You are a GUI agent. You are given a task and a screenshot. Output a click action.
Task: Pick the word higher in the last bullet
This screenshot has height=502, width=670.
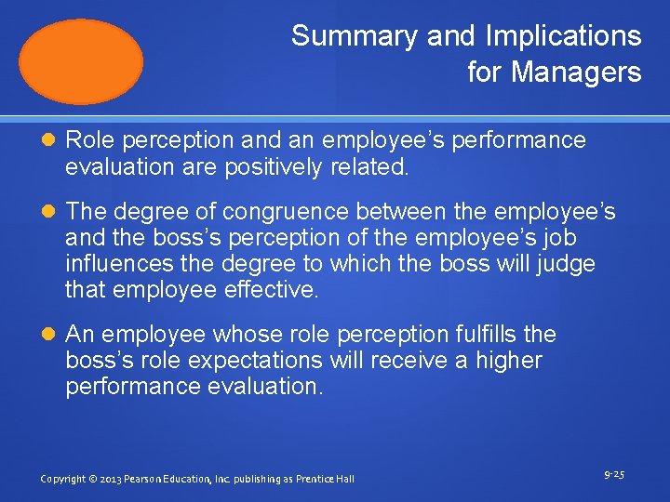pyautogui.click(x=508, y=361)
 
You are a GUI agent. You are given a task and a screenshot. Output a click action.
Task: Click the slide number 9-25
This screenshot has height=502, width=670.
pyautogui.click(x=614, y=475)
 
